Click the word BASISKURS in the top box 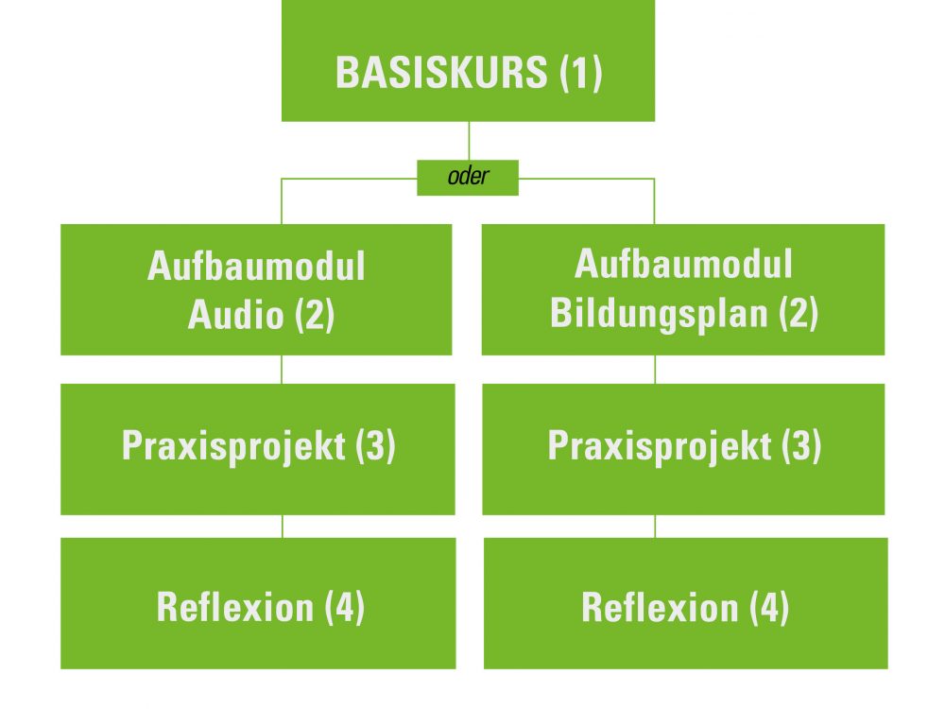(441, 73)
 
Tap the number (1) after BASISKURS (581, 73)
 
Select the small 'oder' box (468, 178)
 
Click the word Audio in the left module (235, 314)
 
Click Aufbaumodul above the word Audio (256, 266)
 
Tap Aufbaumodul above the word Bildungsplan (683, 264)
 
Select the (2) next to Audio (315, 315)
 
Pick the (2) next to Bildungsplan (799, 313)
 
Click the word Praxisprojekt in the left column (233, 447)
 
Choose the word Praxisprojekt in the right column (660, 447)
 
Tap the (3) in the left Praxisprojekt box (375, 446)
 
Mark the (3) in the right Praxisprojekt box (801, 446)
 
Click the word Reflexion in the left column (235, 607)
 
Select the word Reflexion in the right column (660, 607)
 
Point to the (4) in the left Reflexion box (345, 607)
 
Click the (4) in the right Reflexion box (769, 607)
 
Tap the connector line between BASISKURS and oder (469, 141)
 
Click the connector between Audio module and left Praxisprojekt (282, 370)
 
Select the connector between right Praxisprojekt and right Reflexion (655, 527)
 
